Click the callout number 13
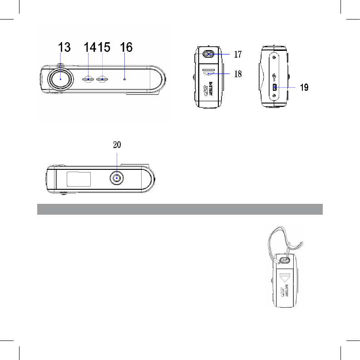pyautogui.click(x=64, y=47)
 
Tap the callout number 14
pyautogui.click(x=90, y=47)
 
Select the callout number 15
pyautogui.click(x=104, y=47)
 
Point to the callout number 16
pyautogui.click(x=126, y=47)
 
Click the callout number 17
pyautogui.click(x=238, y=54)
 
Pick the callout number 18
pyautogui.click(x=238, y=74)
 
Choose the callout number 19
pyautogui.click(x=304, y=87)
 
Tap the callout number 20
pyautogui.click(x=117, y=145)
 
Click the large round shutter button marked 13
pyautogui.click(x=61, y=79)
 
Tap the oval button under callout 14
pyautogui.click(x=88, y=79)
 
